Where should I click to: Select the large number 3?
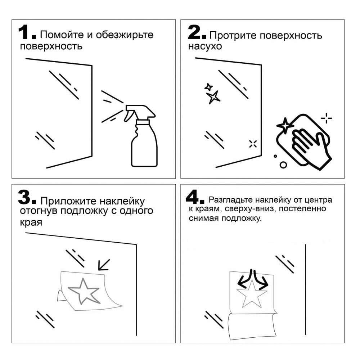[x=24, y=197]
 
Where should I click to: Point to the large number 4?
[x=192, y=197]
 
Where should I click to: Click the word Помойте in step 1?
[x=62, y=35]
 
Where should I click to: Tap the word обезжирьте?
[x=125, y=35]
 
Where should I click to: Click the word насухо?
[x=205, y=46]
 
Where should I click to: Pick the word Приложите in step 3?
[x=68, y=201]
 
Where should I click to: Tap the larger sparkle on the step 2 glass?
[x=213, y=97]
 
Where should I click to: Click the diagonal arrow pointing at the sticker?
[x=104, y=265]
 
